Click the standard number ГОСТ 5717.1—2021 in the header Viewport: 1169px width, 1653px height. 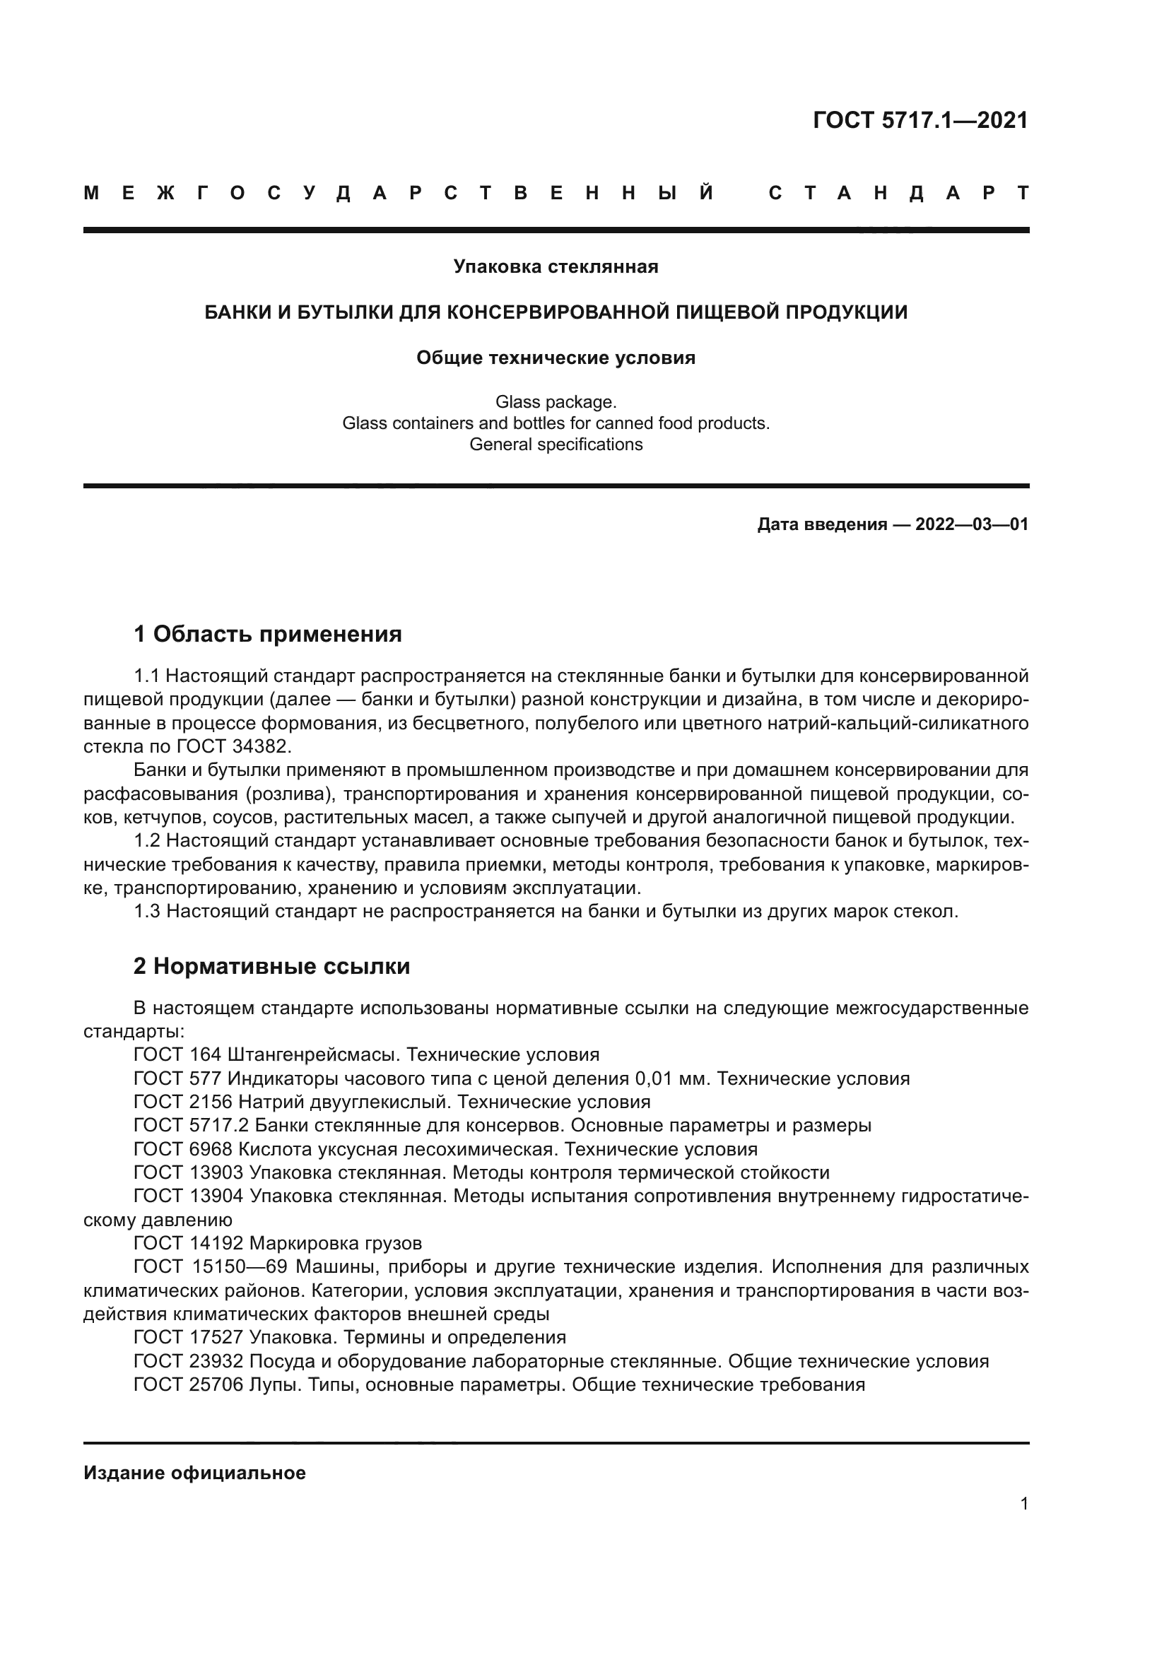[920, 120]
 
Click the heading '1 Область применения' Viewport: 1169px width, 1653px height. [267, 634]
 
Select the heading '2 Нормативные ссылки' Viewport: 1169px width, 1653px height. [271, 966]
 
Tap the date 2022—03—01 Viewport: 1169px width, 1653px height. [972, 524]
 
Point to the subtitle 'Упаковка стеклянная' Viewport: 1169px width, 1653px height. [556, 267]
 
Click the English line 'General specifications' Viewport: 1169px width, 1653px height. [556, 445]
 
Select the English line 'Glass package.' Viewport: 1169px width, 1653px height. [556, 401]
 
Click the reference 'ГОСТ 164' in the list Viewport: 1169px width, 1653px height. [177, 1055]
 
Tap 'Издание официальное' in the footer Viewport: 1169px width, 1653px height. [194, 1473]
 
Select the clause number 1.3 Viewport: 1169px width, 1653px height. [147, 912]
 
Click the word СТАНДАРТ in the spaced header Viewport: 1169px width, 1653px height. [898, 193]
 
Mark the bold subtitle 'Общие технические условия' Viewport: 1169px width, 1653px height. [556, 358]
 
